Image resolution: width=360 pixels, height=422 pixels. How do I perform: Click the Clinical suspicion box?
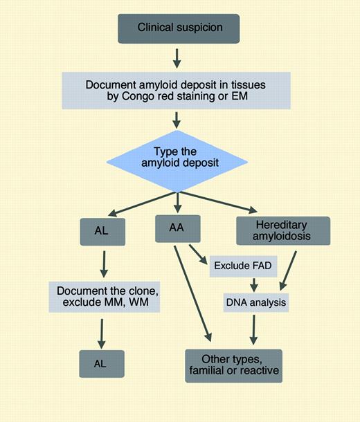pos(179,28)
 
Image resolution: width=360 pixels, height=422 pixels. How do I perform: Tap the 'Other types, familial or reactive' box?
pos(233,365)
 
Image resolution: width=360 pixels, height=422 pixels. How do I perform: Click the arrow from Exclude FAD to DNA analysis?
pos(254,284)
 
